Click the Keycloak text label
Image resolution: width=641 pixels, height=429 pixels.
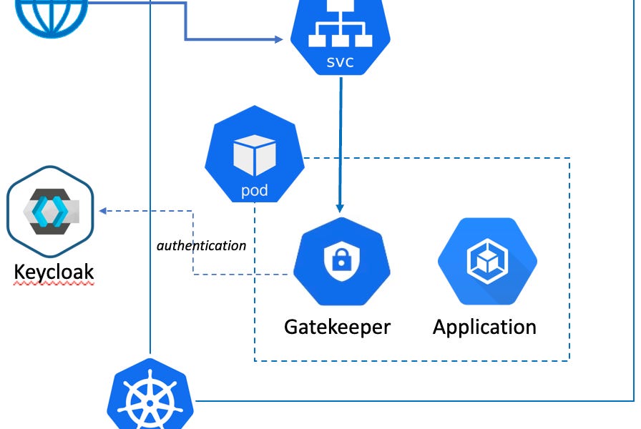pyautogui.click(x=54, y=272)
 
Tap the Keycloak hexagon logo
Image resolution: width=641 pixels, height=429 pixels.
pyautogui.click(x=51, y=212)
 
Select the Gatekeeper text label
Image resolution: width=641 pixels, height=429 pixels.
pyautogui.click(x=338, y=327)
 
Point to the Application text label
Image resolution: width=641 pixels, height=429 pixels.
pyautogui.click(x=484, y=327)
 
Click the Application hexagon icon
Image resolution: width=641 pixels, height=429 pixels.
pyautogui.click(x=486, y=262)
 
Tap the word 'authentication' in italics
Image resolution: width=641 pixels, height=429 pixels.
pyautogui.click(x=201, y=245)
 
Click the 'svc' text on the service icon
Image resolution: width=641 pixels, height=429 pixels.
pyautogui.click(x=340, y=62)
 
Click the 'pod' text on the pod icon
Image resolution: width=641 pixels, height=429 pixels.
pyautogui.click(x=255, y=192)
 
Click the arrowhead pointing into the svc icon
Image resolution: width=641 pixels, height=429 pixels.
pyautogui.click(x=278, y=39)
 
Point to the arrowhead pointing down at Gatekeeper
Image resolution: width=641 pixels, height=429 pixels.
pyautogui.click(x=341, y=208)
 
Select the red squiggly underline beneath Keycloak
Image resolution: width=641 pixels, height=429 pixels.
pyautogui.click(x=54, y=285)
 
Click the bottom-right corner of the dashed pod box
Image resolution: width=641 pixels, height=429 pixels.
pyautogui.click(x=569, y=360)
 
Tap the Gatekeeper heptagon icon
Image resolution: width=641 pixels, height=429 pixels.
pyautogui.click(x=341, y=265)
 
